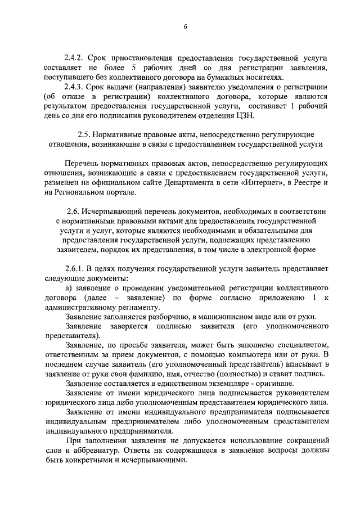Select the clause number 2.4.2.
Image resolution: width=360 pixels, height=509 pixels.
[74, 58]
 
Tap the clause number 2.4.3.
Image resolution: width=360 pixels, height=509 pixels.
[74, 87]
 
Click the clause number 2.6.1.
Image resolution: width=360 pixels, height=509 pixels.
[76, 269]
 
